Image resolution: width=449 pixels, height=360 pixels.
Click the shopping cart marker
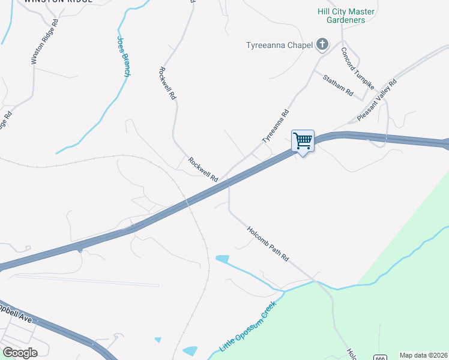tap(303, 142)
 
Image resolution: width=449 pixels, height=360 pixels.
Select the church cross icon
tap(322, 44)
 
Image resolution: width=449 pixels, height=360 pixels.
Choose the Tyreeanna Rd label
tap(276, 126)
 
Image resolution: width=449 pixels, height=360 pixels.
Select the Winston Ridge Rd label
tap(45, 41)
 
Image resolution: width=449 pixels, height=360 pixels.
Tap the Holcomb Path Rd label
tap(268, 243)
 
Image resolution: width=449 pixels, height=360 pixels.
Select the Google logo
tap(20, 352)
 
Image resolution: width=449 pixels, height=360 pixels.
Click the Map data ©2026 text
tap(423, 355)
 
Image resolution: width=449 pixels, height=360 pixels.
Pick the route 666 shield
tap(379, 358)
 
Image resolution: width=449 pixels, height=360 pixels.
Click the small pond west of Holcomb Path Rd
tap(222, 259)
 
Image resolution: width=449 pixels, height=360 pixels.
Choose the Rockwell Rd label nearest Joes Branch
tap(167, 82)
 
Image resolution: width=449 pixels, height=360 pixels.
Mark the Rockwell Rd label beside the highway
tap(202, 169)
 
